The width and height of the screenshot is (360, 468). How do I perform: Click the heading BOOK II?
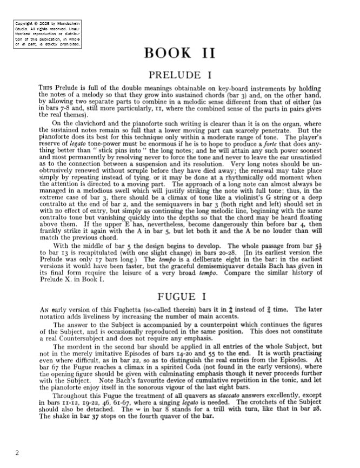point(180,54)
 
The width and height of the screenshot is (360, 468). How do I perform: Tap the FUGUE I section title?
point(180,296)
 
